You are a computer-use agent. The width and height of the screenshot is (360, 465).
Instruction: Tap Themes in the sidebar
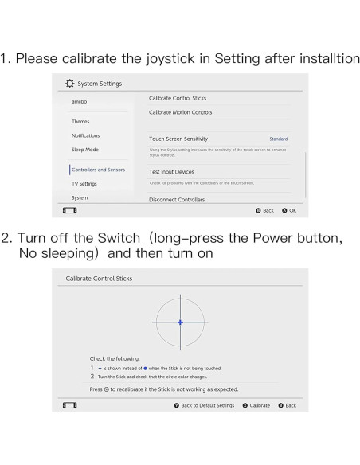[x=80, y=122]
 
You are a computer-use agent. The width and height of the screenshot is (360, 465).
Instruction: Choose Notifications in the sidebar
[x=85, y=135]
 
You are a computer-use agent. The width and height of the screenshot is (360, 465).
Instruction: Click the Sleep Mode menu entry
[x=84, y=149]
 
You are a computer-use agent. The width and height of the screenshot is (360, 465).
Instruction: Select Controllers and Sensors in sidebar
[x=98, y=170]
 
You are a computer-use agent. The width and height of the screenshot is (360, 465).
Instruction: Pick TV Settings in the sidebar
[x=84, y=183]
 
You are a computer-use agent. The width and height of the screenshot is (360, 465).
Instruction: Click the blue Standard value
[x=278, y=139]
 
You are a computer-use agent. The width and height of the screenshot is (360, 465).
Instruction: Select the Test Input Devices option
[x=171, y=172]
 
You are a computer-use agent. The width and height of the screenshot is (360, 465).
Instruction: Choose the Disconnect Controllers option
[x=177, y=200]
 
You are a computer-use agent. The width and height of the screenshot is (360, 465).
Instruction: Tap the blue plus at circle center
[x=181, y=322]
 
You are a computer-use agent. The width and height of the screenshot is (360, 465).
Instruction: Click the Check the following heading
[x=115, y=358]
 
